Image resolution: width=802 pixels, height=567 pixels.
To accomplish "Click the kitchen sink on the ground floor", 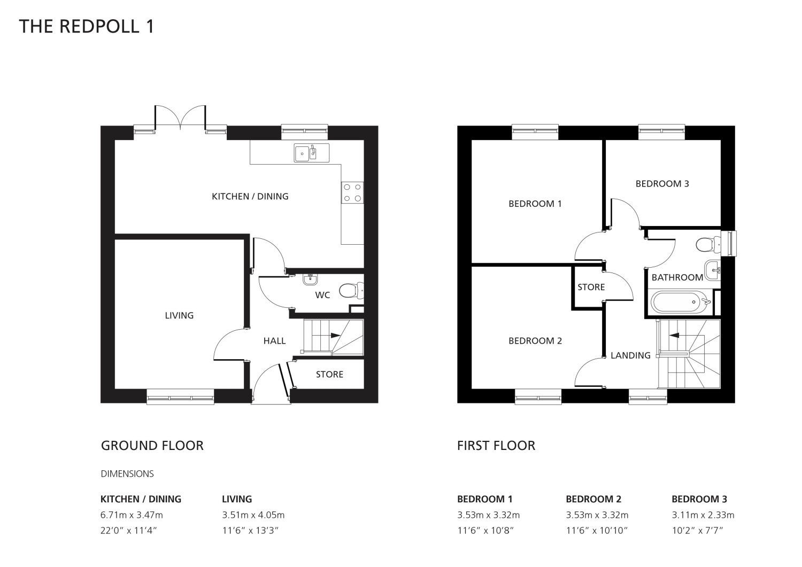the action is [312, 153].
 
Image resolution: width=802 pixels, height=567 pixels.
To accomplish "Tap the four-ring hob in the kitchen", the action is [352, 192].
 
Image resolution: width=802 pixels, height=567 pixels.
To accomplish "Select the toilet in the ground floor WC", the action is [351, 290].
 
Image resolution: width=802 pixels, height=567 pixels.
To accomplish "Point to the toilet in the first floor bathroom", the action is [708, 245].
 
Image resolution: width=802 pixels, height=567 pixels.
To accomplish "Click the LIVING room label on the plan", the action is [179, 315].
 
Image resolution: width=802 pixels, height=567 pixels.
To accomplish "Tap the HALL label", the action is [274, 341].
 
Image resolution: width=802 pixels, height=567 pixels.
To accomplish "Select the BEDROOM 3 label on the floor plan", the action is [662, 184].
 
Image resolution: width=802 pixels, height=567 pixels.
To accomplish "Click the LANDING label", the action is [630, 355].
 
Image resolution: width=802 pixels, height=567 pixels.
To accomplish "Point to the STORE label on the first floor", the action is [591, 287].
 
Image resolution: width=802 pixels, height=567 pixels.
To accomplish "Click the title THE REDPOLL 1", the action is [86, 27].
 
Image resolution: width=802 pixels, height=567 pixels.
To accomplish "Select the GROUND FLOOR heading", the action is [152, 446].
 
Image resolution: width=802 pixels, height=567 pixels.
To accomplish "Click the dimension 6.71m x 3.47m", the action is [132, 515].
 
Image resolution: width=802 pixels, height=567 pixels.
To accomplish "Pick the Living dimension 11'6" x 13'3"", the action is [250, 530].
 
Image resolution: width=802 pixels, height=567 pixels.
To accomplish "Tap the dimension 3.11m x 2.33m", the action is [703, 515].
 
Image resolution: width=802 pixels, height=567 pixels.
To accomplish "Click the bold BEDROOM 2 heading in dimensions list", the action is [593, 499].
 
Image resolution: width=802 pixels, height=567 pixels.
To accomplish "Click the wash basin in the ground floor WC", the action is [310, 279].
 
